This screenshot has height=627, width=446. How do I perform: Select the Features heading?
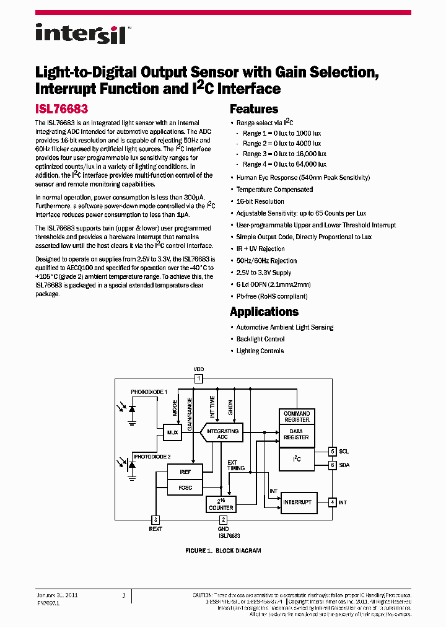[x=254, y=109]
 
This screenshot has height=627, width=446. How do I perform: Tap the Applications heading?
[x=264, y=312]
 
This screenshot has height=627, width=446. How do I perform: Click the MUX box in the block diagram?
[x=173, y=432]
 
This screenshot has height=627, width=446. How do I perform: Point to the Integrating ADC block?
[x=222, y=434]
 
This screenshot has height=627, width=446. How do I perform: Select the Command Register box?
[x=297, y=416]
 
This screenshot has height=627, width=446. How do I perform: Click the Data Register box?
[x=297, y=434]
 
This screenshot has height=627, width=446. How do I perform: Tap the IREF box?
[x=185, y=471]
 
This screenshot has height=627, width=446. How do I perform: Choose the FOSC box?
[x=185, y=488]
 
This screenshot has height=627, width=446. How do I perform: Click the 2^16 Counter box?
[x=221, y=504]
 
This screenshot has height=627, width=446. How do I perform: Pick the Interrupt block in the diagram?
[x=297, y=502]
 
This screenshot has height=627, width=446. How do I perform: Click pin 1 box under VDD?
[x=199, y=378]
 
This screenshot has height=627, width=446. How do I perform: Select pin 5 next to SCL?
[x=333, y=452]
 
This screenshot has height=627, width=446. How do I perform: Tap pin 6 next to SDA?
[x=333, y=465]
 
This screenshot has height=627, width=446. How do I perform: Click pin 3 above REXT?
[x=155, y=520]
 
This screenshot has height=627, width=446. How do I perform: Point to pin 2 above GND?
[x=224, y=520]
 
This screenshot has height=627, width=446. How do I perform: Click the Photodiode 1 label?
[x=149, y=392]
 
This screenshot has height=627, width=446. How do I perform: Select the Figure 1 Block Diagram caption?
[x=223, y=551]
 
